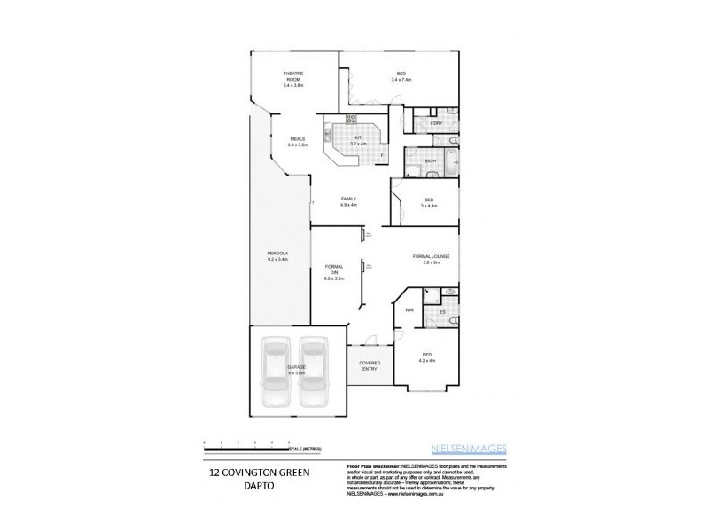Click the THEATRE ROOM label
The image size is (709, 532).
tap(293, 75)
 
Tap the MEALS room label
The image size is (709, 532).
tap(298, 139)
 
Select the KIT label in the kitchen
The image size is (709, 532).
tap(359, 138)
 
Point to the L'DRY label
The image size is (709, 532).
tap(435, 123)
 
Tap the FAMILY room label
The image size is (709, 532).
tap(347, 199)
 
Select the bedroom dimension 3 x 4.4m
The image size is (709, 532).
tap(428, 206)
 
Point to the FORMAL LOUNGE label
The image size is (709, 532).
tap(431, 257)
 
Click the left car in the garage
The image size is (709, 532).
tap(277, 372)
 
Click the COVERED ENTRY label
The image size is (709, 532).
tap(369, 365)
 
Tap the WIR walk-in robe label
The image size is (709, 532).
tap(409, 309)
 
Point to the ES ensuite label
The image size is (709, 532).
tap(441, 312)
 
